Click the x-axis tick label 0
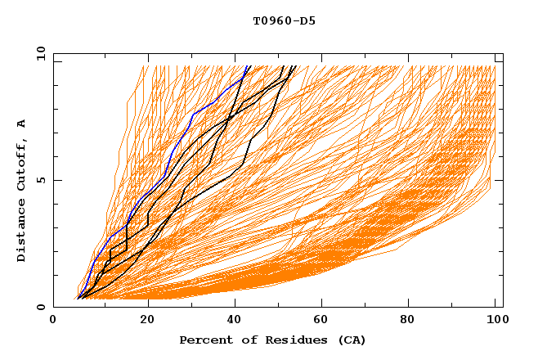tap(53, 322)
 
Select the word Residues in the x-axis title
tap(288, 340)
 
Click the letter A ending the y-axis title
tap(22, 124)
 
